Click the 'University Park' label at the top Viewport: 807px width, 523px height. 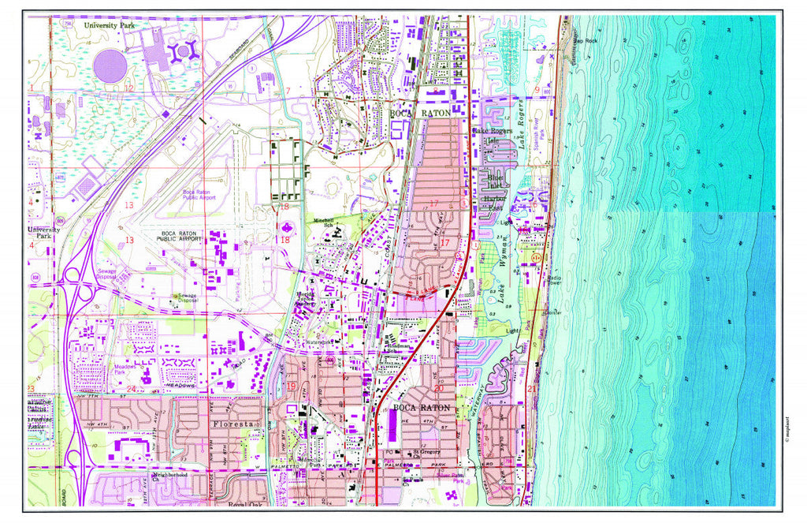tap(111, 25)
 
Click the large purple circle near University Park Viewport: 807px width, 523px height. tap(110, 66)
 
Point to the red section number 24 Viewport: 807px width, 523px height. tap(132, 389)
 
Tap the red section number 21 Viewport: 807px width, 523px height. tap(532, 388)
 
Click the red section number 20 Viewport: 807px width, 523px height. tap(438, 388)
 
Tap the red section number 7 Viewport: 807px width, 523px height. tap(288, 91)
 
